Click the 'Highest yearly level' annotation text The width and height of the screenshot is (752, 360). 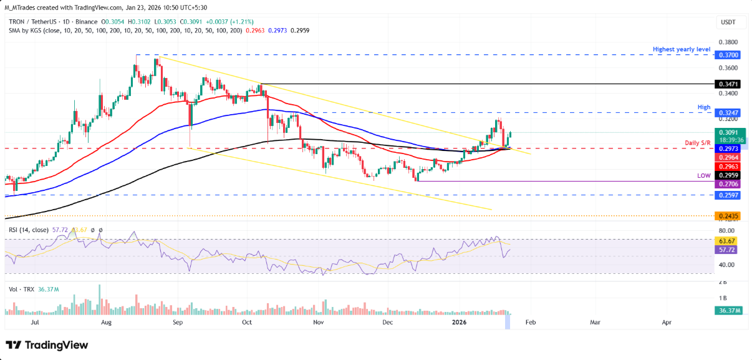(682, 49)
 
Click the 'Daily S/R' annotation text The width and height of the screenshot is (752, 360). (698, 144)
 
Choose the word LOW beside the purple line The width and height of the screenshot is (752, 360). (704, 177)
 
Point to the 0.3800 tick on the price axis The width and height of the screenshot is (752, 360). (728, 42)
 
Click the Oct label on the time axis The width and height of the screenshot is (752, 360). (246, 323)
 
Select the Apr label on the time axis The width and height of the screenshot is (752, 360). (667, 323)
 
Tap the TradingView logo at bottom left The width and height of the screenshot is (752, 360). (47, 345)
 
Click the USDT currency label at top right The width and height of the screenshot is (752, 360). (728, 22)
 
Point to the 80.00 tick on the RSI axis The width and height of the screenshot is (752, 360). (726, 231)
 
